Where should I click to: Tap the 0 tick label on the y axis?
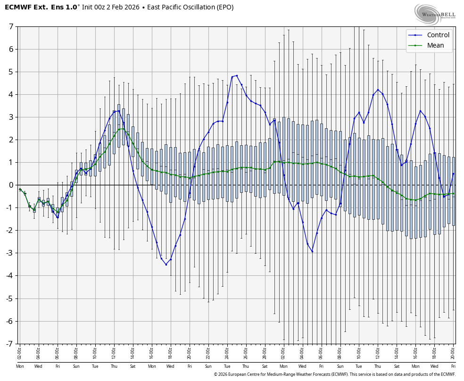[x=11, y=185]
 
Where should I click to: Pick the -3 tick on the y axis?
[x=10, y=253]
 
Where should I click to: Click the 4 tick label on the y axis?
[x=11, y=94]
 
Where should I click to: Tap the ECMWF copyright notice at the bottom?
[x=334, y=374]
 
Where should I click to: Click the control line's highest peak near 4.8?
[x=236, y=75]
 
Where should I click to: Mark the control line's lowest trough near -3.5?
[x=166, y=265]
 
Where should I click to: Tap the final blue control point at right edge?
[x=453, y=174]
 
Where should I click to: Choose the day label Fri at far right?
[x=453, y=366]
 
